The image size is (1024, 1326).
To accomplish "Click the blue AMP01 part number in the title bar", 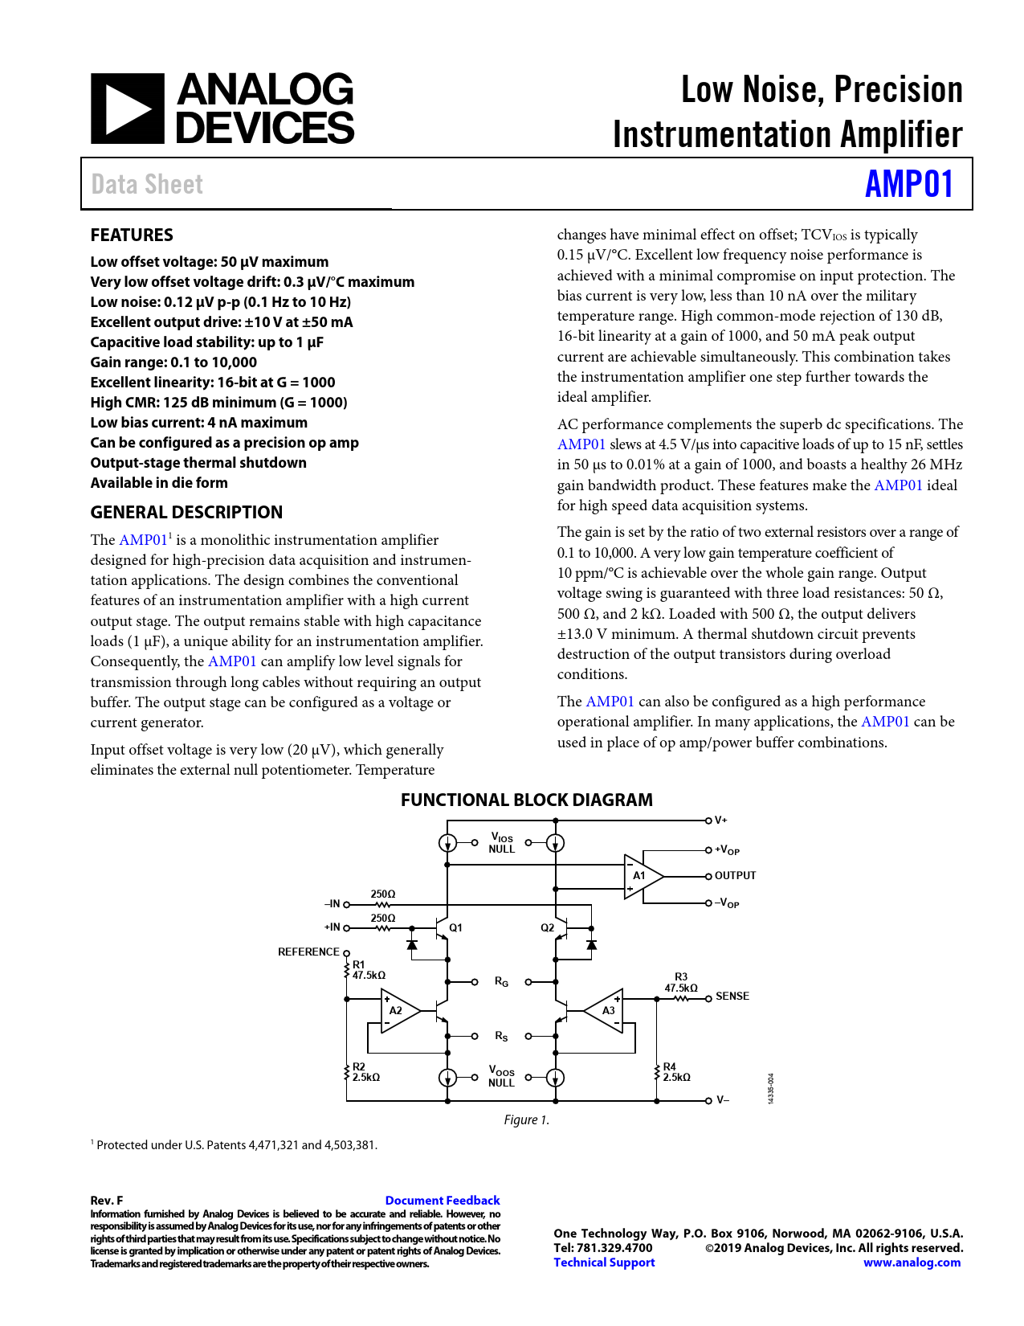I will coord(909,184).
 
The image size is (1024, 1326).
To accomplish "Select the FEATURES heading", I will coord(132,235).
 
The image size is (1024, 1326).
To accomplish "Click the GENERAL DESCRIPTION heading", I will coord(186,513).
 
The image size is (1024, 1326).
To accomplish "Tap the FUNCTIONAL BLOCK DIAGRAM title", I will coord(526,800).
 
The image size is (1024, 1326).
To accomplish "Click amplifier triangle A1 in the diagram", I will coord(642,876).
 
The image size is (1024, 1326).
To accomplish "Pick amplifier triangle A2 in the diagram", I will coord(398,1011).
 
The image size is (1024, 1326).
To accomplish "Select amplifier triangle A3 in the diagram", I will coord(606,1011).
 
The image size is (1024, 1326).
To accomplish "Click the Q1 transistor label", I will coord(455,928).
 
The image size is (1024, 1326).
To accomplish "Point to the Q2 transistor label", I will coord(547,928).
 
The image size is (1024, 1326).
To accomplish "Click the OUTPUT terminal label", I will coord(735,876).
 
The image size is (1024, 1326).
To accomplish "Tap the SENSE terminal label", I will coord(732,997).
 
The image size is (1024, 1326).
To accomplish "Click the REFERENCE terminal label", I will coord(308,952).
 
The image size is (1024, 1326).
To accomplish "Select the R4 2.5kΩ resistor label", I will coord(675,1072).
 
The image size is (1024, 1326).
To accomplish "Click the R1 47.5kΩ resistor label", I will coord(368,970).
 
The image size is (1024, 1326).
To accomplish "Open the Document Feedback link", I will coord(443,1201).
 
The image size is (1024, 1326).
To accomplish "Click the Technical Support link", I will coord(604,1263).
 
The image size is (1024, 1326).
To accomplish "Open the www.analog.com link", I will coord(912,1263).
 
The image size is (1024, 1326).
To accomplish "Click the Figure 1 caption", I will coord(526,1120).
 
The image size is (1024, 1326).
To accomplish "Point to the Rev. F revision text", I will coord(107,1201).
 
